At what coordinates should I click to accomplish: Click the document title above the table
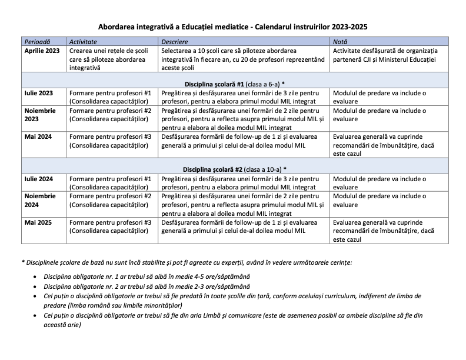[233, 27]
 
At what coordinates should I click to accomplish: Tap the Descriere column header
[176, 42]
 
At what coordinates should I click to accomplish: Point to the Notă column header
[340, 42]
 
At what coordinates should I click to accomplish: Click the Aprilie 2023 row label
[42, 51]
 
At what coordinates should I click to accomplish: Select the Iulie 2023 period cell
[39, 93]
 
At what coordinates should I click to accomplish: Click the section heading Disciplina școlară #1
[232, 84]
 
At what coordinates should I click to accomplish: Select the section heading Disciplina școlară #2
[232, 169]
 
